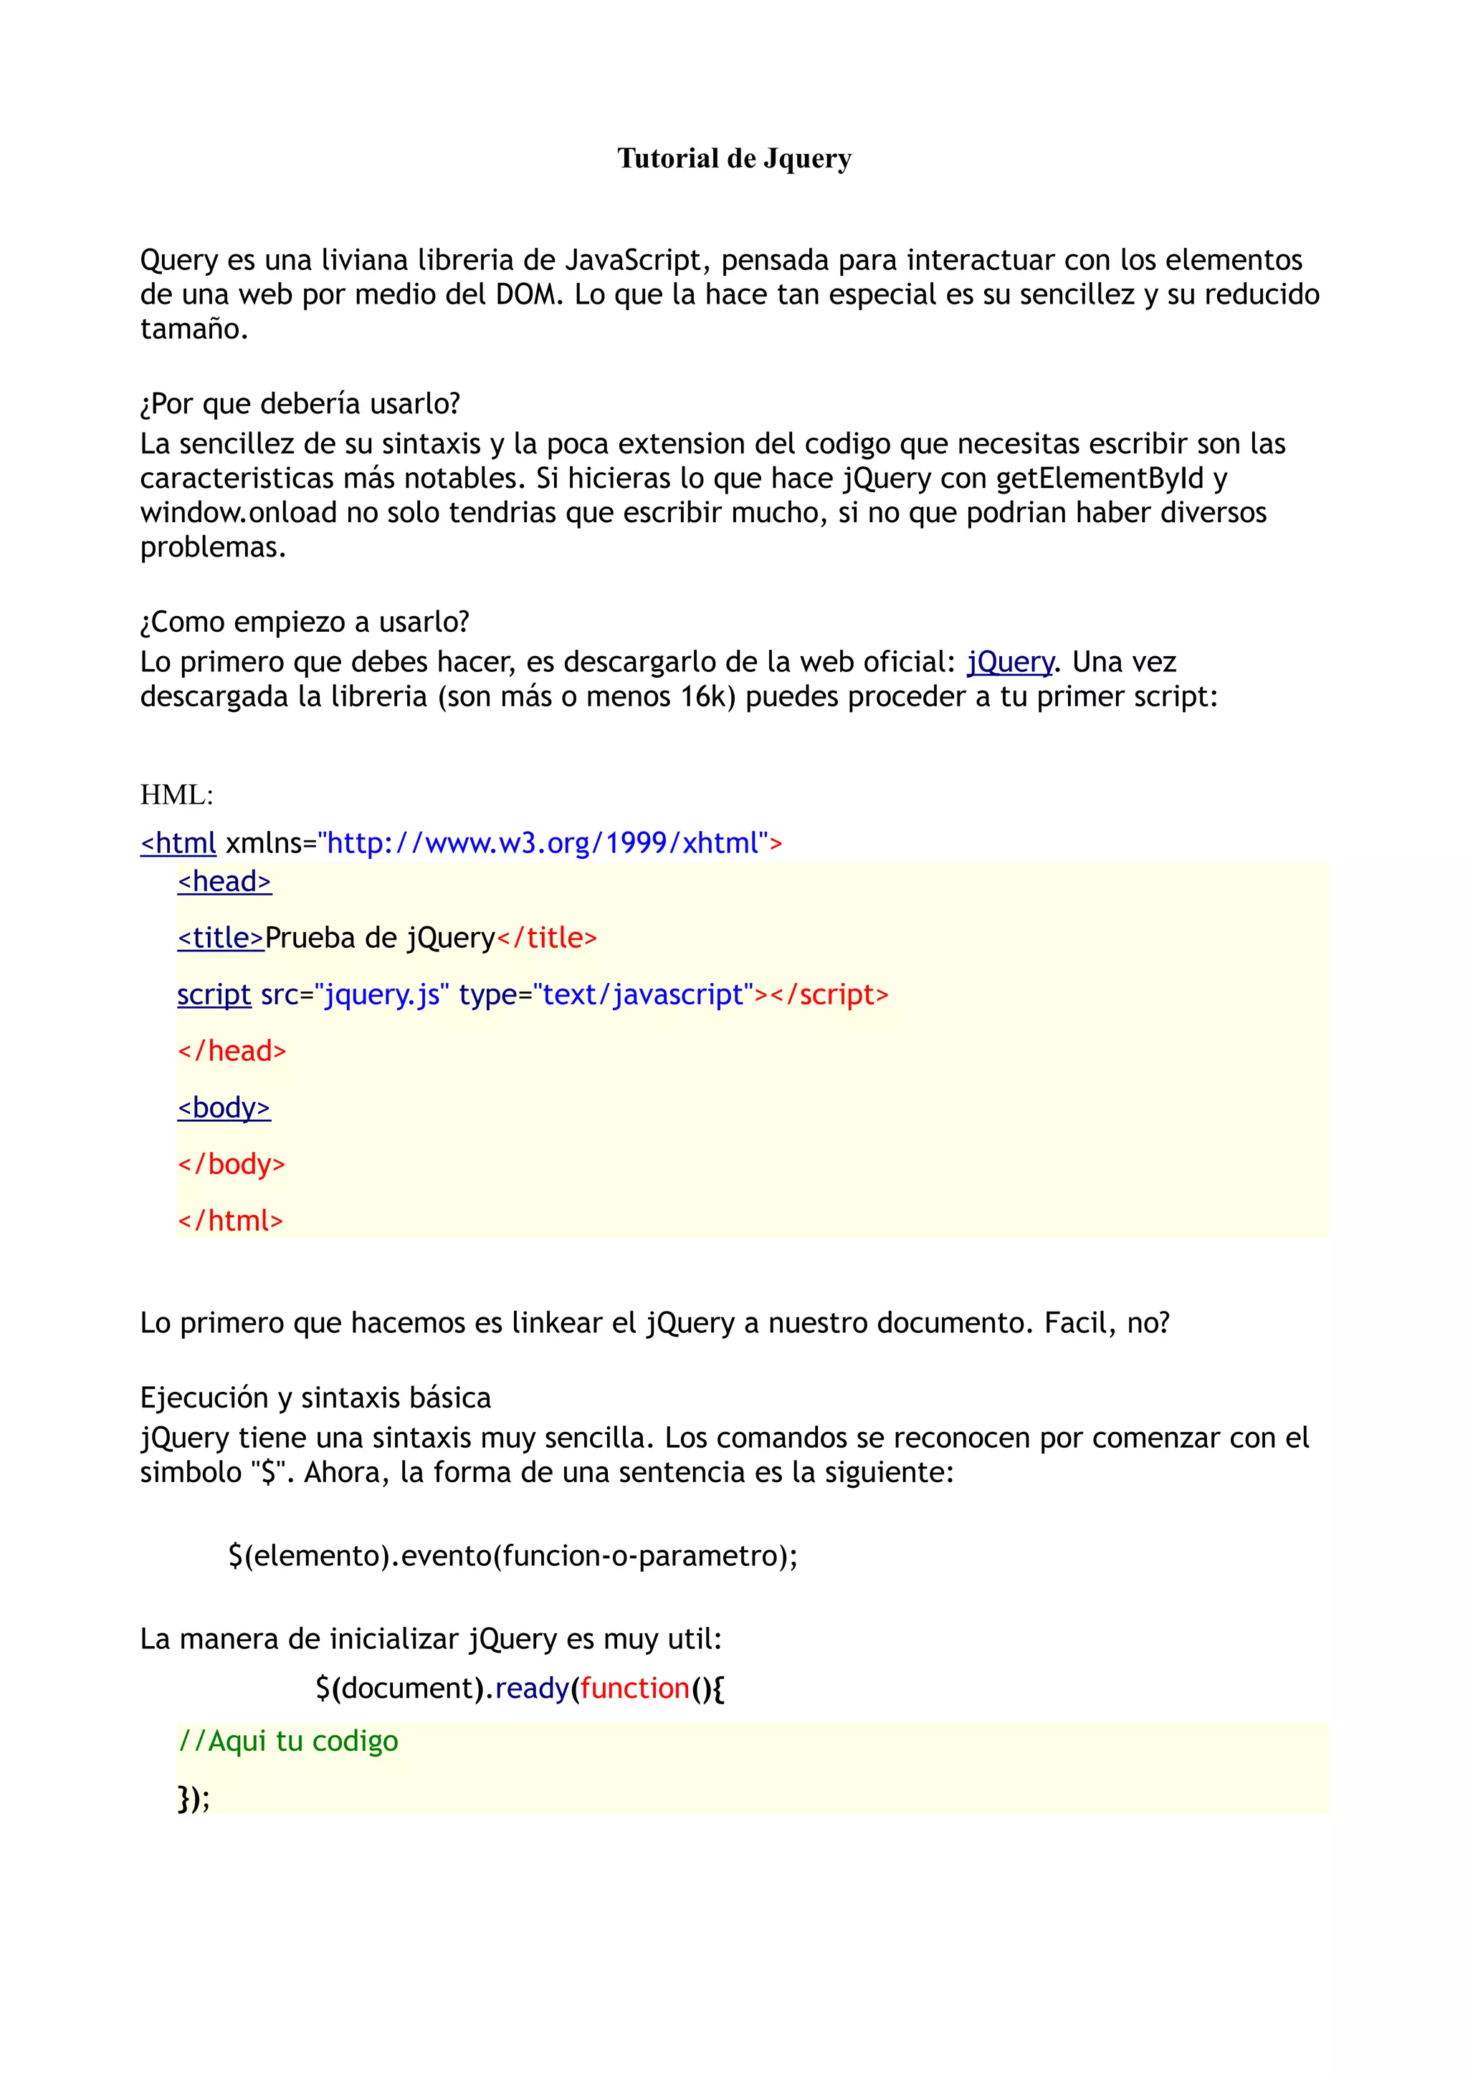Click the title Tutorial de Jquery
733,159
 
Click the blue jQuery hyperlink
1009,663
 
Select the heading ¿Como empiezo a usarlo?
305,622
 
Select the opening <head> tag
224,882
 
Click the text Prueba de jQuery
380,938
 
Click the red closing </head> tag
232,1052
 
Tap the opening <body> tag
224,1107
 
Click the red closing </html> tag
231,1221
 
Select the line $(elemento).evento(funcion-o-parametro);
513,1556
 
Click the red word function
635,1689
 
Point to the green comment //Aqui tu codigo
287,1741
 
